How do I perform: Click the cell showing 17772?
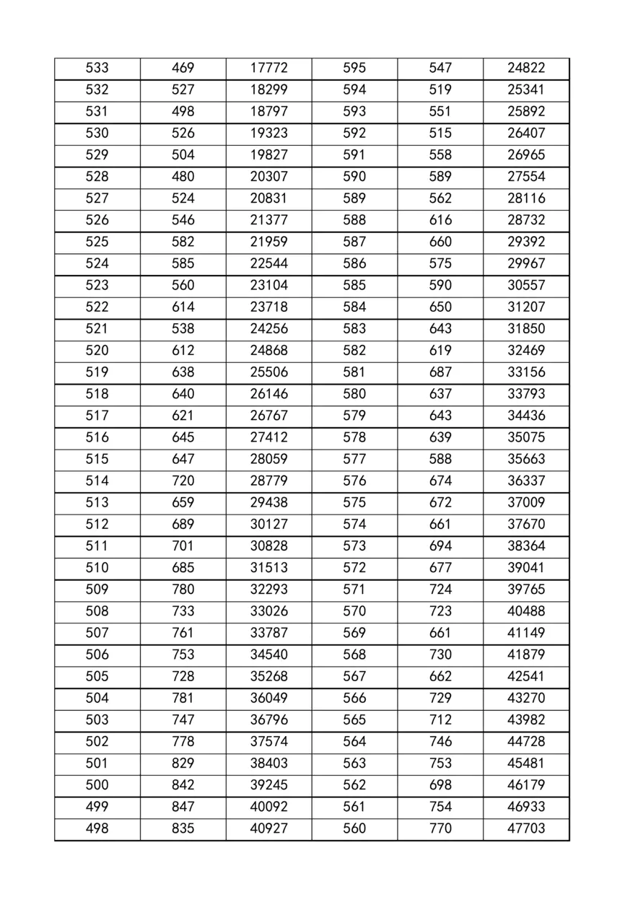click(268, 68)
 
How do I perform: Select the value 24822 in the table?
click(526, 68)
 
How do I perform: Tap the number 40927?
click(268, 828)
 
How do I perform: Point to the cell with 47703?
click(526, 828)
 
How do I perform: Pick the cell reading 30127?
click(268, 524)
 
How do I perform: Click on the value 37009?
click(526, 502)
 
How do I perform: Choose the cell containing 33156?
click(526, 372)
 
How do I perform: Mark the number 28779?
click(268, 481)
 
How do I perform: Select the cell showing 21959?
click(268, 242)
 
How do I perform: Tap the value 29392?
click(526, 242)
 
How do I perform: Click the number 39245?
click(268, 784)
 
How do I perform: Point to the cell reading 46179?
click(526, 784)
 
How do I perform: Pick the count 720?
click(183, 481)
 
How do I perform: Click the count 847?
click(183, 806)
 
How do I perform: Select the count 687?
click(440, 372)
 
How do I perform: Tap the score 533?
click(97, 68)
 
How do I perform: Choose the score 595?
click(354, 68)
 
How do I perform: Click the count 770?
click(440, 828)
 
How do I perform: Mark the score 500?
click(97, 784)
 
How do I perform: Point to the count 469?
click(183, 68)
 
